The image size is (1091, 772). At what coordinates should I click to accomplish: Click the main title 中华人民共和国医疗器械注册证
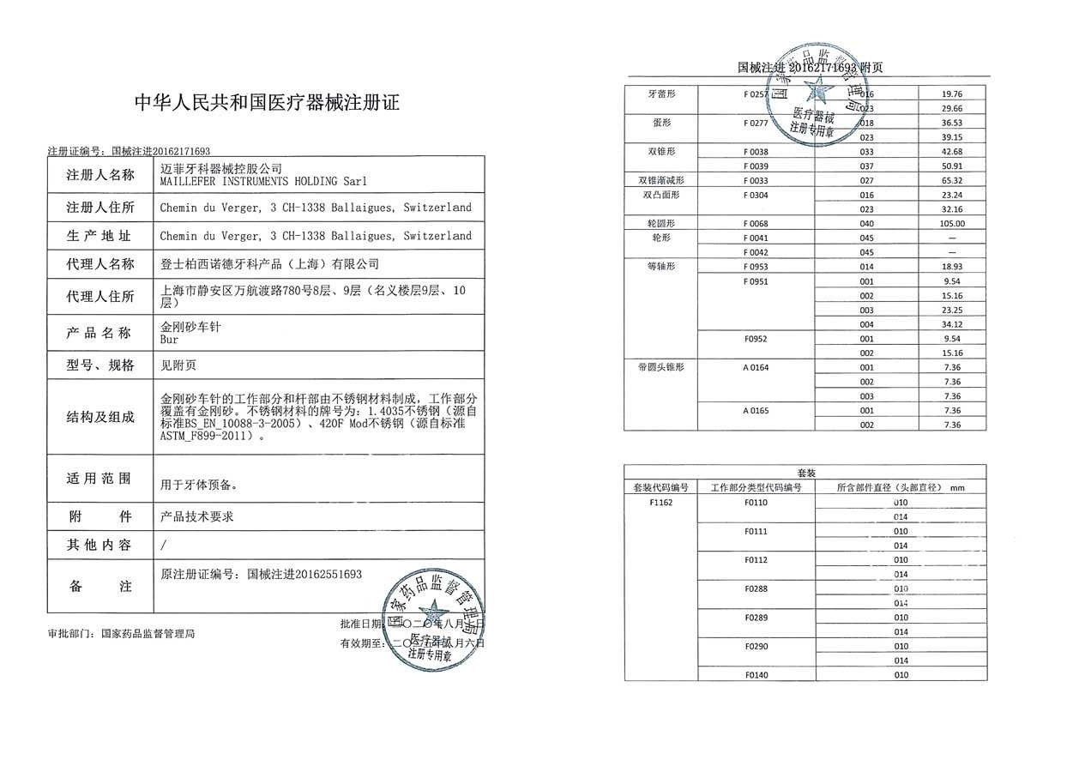pos(268,104)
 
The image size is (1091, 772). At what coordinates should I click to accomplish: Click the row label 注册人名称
pos(100,176)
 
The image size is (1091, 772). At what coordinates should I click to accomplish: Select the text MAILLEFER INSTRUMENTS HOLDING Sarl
pos(263,182)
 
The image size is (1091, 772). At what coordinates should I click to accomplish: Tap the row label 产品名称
pos(100,333)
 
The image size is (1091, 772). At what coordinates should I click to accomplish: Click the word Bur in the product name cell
pos(169,340)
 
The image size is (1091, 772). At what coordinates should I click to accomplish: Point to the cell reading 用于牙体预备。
pos(199,485)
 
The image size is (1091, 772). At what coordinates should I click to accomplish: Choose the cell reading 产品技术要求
pos(197,516)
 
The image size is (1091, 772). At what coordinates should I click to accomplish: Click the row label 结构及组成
pos(100,417)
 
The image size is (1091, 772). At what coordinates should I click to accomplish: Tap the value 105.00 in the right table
pos(952,224)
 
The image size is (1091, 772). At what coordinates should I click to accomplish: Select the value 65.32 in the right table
pos(952,181)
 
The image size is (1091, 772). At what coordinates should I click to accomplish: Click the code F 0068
pos(756,224)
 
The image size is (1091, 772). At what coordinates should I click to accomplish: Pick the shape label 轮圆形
pos(660,224)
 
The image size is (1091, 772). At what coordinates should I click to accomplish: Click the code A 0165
pos(756,411)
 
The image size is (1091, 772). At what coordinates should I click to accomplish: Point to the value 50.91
pos(952,166)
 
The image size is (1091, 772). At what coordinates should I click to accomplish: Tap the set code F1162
pos(660,503)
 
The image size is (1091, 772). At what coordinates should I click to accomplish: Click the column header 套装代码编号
pos(660,487)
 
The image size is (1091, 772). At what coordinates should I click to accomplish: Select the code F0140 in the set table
pos(756,675)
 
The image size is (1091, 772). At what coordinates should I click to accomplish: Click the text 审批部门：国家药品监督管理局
pos(122,634)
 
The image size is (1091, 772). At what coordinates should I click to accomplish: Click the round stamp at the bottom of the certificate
pos(433,619)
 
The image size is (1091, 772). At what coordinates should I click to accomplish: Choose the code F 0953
pos(756,267)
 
